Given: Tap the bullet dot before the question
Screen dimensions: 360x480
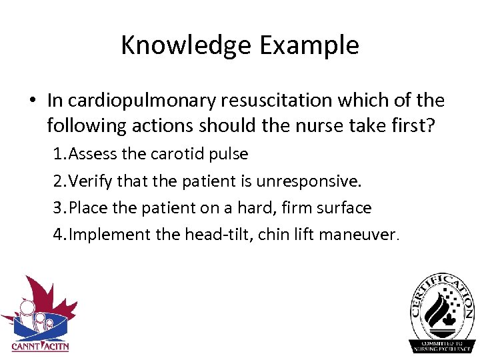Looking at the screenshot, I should coord(32,101).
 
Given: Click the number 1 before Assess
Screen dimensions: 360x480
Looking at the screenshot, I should coord(58,155).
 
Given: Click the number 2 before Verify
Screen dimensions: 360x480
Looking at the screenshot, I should coord(58,181).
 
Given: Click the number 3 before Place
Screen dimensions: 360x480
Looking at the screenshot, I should coord(58,208).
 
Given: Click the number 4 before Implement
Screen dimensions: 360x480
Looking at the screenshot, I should coord(58,235).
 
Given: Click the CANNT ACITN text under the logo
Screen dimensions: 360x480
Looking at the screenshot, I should coord(40,346).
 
